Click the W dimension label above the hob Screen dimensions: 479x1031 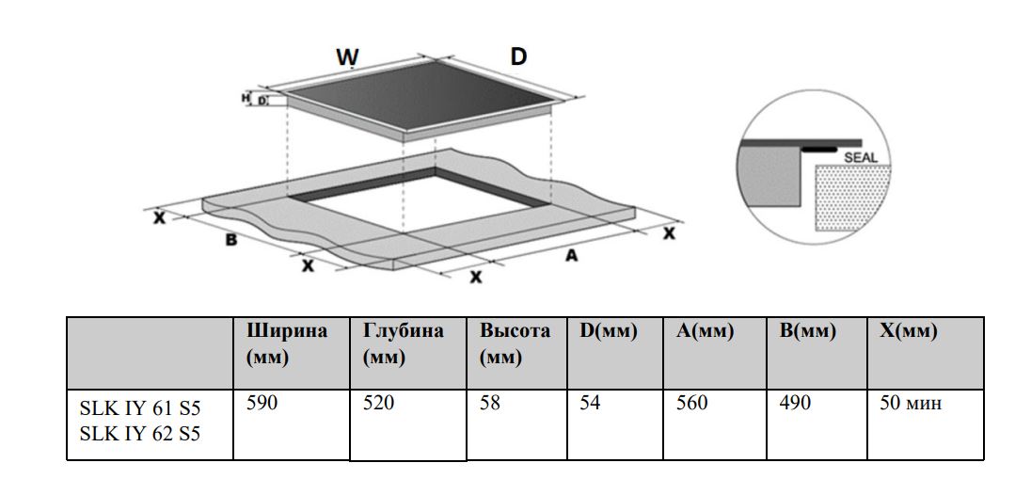click(x=347, y=57)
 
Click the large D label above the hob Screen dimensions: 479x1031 click(x=518, y=56)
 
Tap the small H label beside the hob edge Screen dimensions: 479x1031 click(x=246, y=97)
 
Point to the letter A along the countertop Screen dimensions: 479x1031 click(x=569, y=255)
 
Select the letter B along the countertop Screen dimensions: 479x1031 click(x=230, y=240)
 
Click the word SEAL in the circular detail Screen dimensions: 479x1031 click(x=860, y=157)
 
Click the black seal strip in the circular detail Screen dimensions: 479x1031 click(x=821, y=149)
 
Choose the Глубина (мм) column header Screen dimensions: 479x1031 click(x=402, y=344)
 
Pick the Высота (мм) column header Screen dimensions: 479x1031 click(x=515, y=344)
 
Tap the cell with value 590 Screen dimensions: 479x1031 click(x=263, y=404)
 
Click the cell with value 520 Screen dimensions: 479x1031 click(x=379, y=404)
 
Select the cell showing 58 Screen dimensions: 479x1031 click(x=490, y=404)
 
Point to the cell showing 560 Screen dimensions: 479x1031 click(x=692, y=404)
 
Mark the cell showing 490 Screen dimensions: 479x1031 click(x=796, y=404)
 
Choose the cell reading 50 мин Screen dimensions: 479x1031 click(x=910, y=404)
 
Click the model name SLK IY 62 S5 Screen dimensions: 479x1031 click(x=140, y=434)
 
